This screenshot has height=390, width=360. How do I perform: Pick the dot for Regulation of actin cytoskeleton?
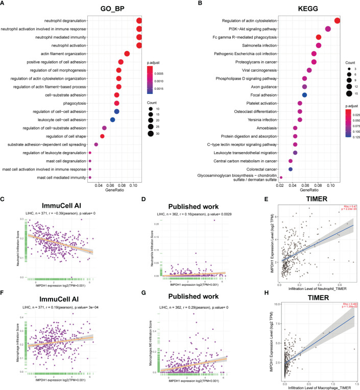point(337,20)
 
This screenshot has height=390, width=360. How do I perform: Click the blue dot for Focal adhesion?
point(304,95)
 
